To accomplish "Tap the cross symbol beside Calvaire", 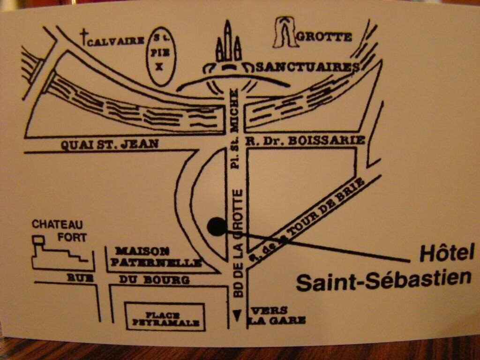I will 84,37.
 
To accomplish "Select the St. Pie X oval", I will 160,56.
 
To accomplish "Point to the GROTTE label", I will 324,37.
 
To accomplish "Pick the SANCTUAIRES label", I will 308,67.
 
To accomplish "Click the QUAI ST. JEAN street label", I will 110,144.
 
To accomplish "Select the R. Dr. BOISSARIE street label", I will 306,140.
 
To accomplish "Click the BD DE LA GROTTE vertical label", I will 238,242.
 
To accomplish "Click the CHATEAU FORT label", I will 59,230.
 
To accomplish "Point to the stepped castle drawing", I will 59,255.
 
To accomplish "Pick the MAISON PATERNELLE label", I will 155,257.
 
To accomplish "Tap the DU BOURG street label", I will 154,280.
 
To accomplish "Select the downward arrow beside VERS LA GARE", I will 238,315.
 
